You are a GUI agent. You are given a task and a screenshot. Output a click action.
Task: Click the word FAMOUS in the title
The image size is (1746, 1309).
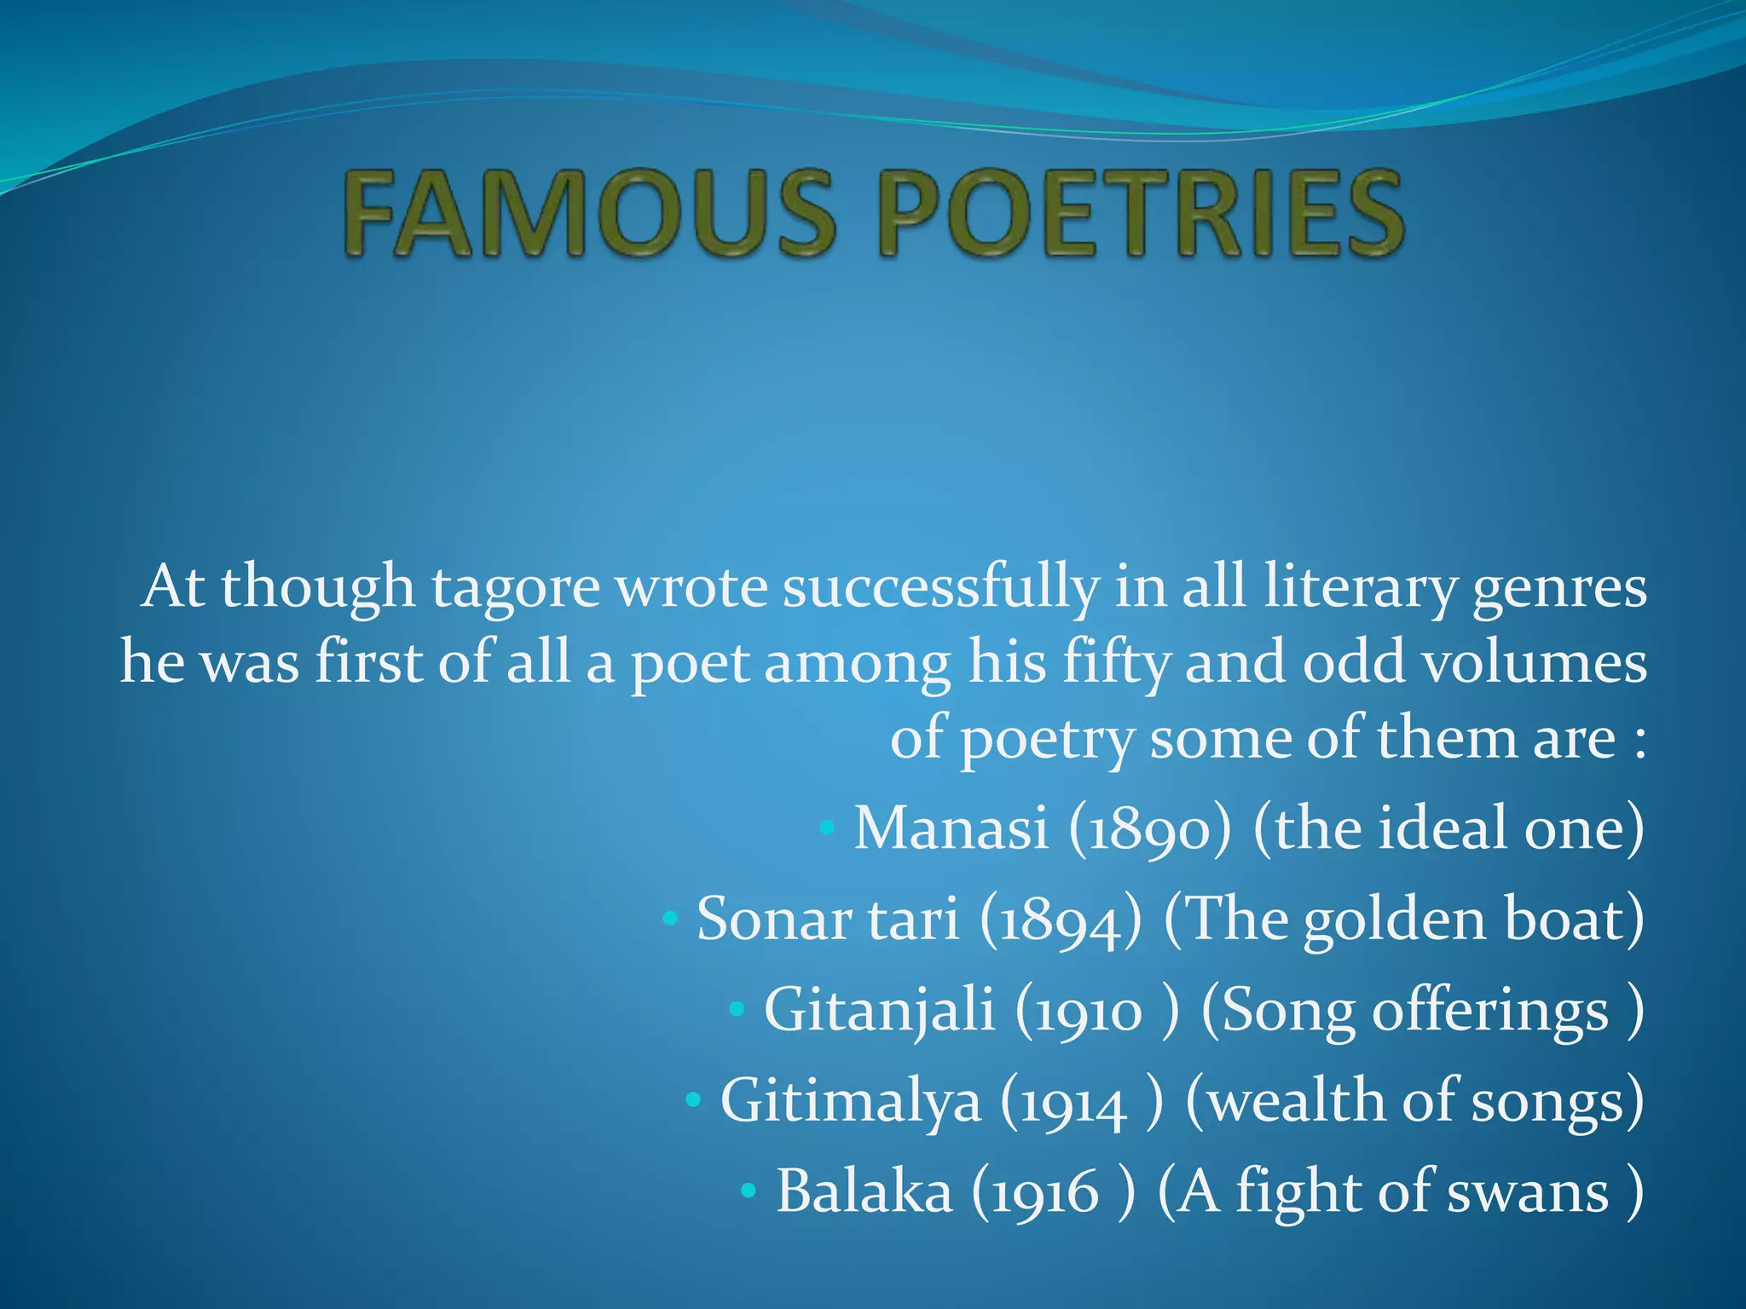pos(589,213)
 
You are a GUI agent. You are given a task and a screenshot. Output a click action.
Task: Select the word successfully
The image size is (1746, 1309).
pos(940,588)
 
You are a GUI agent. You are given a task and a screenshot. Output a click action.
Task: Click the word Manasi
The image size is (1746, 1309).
pos(951,828)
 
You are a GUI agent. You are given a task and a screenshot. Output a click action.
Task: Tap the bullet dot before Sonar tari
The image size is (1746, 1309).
pos(670,920)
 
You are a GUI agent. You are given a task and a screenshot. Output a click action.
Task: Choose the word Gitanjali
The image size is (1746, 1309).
pos(879,1011)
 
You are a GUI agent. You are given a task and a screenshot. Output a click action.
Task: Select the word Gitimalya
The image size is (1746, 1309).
pos(851,1101)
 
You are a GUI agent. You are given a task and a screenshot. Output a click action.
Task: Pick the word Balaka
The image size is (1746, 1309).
pos(864,1191)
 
